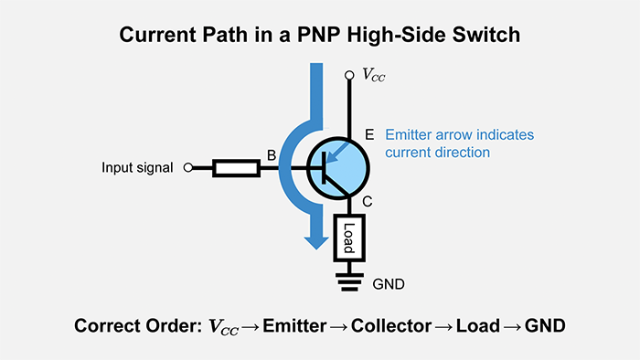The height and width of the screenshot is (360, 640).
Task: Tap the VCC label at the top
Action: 373,76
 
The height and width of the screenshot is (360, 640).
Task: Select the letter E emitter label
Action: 368,134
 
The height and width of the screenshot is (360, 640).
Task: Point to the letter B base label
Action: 271,156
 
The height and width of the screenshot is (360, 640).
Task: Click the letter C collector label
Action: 368,202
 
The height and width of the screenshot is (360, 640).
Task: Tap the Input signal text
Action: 137,168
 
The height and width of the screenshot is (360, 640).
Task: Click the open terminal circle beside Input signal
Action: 188,168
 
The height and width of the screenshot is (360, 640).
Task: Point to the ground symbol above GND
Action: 349,280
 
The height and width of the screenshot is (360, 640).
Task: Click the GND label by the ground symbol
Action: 388,284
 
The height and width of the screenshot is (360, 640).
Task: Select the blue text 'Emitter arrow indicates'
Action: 459,134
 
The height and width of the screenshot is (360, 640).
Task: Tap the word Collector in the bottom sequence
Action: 393,326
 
